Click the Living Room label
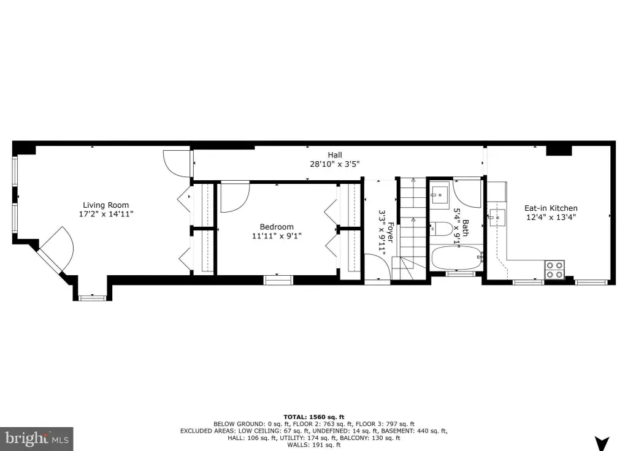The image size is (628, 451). click(x=105, y=205)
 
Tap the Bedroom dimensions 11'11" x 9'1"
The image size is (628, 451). click(x=277, y=236)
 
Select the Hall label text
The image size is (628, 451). click(x=335, y=155)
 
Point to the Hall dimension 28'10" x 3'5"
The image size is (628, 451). click(x=335, y=164)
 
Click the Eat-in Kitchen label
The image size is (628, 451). click(x=551, y=208)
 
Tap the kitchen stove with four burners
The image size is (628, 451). click(x=554, y=270)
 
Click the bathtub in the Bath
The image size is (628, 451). click(x=456, y=258)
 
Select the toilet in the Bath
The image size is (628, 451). click(x=442, y=229)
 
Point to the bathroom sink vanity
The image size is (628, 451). click(x=440, y=195)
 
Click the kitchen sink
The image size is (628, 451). click(x=497, y=218)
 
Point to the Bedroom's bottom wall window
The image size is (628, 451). click(x=278, y=279)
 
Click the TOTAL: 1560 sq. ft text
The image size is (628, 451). click(x=314, y=417)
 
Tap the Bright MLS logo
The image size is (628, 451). click(x=36, y=439)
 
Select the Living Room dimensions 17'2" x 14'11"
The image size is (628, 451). click(x=106, y=214)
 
